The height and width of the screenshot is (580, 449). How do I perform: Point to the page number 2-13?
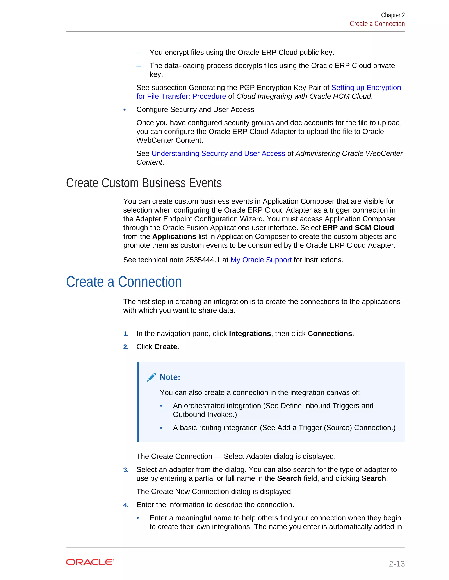[396, 564]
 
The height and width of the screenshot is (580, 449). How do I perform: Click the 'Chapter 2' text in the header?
[393, 15]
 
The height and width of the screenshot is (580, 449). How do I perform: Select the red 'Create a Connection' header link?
[377, 24]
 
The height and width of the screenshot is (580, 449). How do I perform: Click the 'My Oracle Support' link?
[261, 260]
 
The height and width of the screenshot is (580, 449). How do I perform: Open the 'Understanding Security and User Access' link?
[218, 153]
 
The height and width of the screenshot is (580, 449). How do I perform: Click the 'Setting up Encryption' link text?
[366, 88]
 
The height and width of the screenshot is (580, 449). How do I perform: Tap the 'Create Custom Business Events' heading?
[144, 183]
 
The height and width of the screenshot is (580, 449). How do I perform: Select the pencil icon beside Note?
[151, 377]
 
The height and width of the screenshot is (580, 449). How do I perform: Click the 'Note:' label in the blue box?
[170, 377]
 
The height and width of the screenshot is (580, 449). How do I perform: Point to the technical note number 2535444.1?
[203, 260]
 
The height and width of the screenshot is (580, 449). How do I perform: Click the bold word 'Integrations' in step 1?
[249, 334]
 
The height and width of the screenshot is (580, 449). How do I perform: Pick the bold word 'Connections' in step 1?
[330, 334]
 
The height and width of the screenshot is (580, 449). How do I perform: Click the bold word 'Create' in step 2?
[166, 347]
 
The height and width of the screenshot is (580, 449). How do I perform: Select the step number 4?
[126, 505]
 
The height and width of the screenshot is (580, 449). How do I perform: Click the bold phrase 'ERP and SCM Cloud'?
[358, 228]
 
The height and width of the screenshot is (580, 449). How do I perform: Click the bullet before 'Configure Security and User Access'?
[125, 110]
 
